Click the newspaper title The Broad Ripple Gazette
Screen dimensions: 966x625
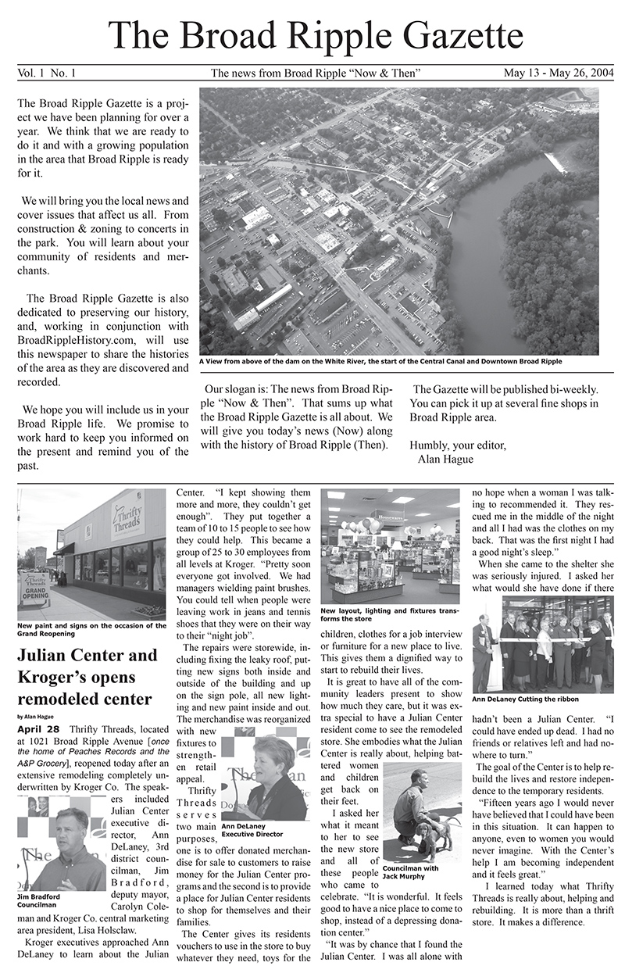[315, 35]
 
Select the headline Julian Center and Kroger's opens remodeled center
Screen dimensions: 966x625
[87, 677]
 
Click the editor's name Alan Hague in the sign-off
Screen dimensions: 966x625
[445, 460]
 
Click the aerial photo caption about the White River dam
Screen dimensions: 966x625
[380, 362]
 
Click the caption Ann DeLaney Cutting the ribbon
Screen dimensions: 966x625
[526, 698]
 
